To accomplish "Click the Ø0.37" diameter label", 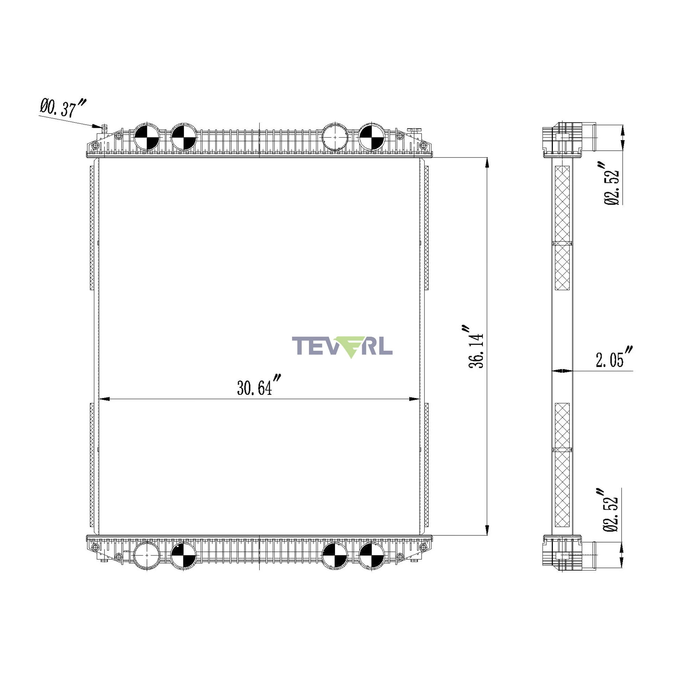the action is tap(63, 108).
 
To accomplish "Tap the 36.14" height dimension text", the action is tap(476, 346).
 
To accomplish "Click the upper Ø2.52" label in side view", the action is tap(612, 183).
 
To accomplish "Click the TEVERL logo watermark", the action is tap(342, 346).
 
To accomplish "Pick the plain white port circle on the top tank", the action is tap(335, 137).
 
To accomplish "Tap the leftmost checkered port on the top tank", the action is tap(147, 137).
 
